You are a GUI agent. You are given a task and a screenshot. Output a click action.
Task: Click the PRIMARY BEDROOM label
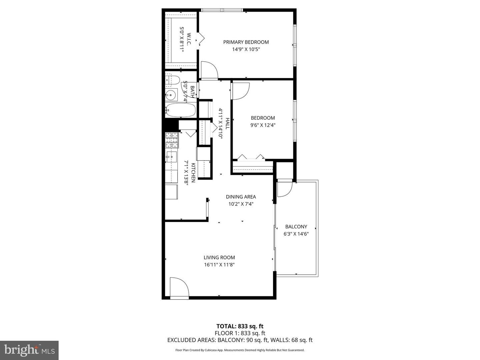pyautogui.click(x=246, y=42)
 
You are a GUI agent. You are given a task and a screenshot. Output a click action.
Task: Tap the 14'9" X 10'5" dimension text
pyautogui.click(x=246, y=49)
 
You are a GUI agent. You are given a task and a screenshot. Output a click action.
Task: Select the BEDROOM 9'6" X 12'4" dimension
pyautogui.click(x=263, y=125)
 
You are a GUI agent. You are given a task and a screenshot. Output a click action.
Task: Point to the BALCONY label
pyautogui.click(x=296, y=227)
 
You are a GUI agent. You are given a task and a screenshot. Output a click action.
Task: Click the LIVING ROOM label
pyautogui.click(x=219, y=257)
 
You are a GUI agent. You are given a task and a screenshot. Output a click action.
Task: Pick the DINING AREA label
pyautogui.click(x=241, y=197)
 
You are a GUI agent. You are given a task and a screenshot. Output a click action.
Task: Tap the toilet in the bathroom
pyautogui.click(x=172, y=80)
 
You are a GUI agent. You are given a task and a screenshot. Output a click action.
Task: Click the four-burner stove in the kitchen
pyautogui.click(x=172, y=140)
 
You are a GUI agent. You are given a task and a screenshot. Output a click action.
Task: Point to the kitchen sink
pyautogui.click(x=172, y=156)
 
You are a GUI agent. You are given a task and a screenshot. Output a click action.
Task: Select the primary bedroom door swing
pyautogui.click(x=209, y=70)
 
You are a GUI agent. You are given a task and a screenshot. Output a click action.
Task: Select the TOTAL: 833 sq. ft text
pyautogui.click(x=240, y=326)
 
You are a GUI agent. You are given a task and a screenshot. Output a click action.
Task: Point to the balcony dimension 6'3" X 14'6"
pyautogui.click(x=296, y=234)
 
